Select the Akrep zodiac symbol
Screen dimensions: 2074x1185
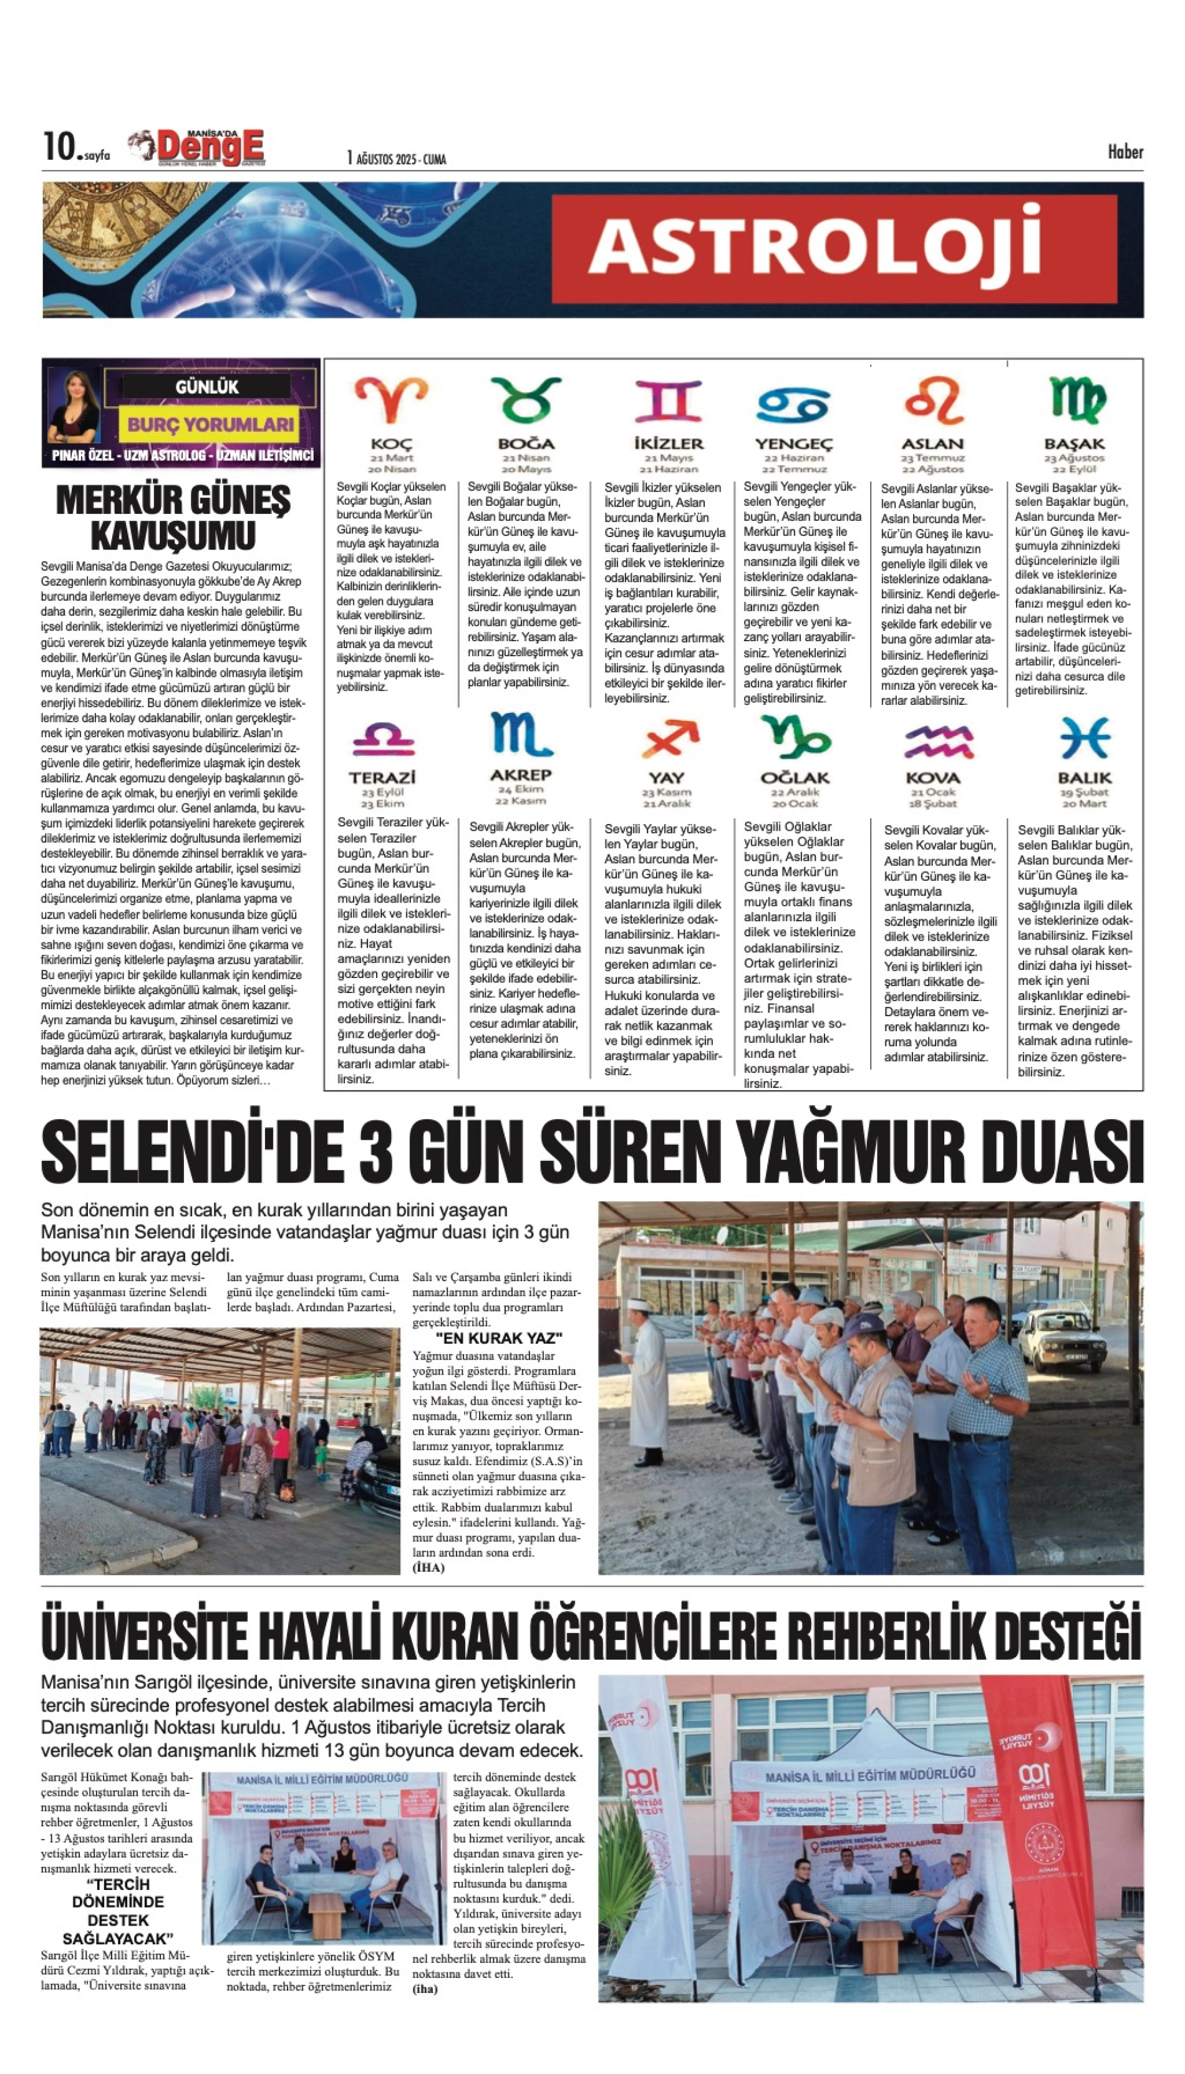click(x=521, y=734)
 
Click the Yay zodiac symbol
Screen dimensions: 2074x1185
click(x=669, y=739)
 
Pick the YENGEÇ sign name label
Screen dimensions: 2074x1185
click(x=793, y=443)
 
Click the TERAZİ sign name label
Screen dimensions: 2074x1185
click(x=382, y=777)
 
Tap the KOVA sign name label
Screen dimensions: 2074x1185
click(x=932, y=777)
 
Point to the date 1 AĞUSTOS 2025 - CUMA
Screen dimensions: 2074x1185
click(x=397, y=158)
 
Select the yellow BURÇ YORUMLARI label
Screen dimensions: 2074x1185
click(x=210, y=424)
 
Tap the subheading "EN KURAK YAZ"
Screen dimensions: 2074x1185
click(x=499, y=1338)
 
